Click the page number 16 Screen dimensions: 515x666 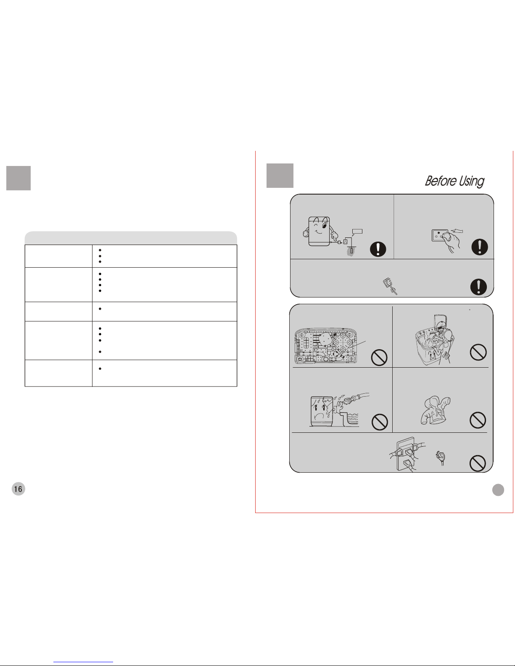[x=18, y=489]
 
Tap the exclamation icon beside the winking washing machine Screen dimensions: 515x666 [x=378, y=249]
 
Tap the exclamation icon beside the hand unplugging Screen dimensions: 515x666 [x=480, y=247]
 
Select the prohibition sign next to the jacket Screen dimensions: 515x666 [x=478, y=420]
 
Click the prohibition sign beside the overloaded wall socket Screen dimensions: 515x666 [x=478, y=463]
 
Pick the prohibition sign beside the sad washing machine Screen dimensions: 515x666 [x=380, y=422]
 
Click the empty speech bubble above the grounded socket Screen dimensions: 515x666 [x=357, y=232]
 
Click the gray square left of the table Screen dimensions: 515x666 [x=18, y=178]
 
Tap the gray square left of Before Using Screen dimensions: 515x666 [x=280, y=175]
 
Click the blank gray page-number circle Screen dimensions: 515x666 [x=498, y=490]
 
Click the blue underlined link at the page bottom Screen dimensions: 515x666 [x=83, y=662]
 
